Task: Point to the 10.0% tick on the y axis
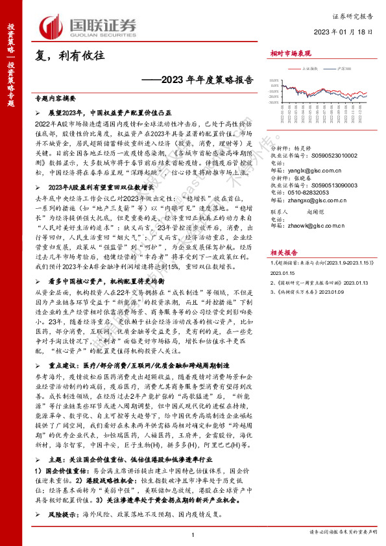point(275,82)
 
